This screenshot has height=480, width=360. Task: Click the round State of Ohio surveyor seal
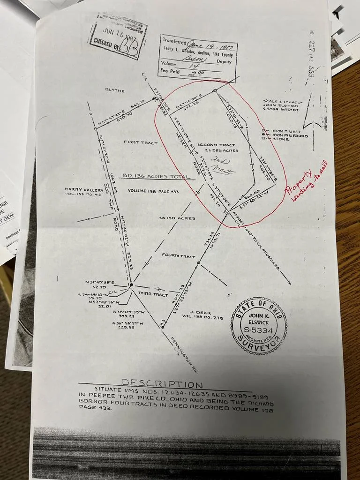[x=259, y=325]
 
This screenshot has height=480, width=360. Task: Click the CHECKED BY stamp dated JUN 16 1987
[x=119, y=36]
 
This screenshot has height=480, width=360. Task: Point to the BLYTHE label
[x=115, y=90]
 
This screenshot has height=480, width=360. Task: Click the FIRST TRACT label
[x=141, y=142]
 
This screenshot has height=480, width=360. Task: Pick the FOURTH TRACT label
[x=178, y=256]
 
